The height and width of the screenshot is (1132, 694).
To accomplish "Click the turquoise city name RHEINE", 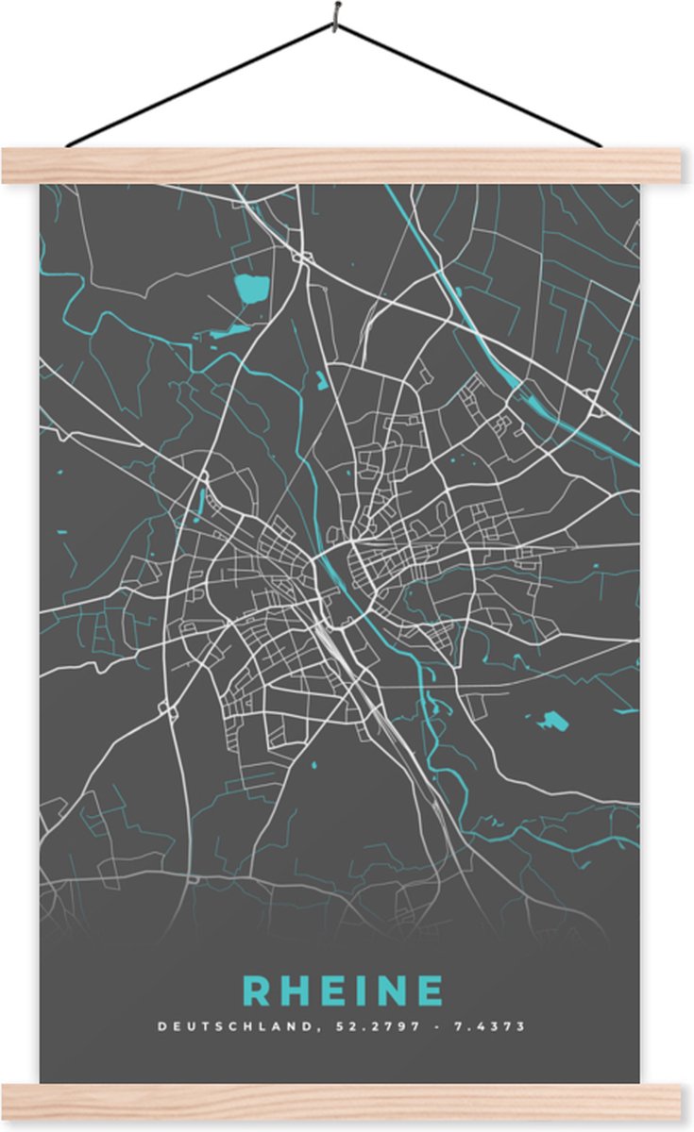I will [344, 990].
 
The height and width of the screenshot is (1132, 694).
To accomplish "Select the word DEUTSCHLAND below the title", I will [225, 1026].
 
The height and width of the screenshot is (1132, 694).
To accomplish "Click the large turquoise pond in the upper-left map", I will [252, 289].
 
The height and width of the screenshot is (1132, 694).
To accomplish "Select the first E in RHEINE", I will [334, 990].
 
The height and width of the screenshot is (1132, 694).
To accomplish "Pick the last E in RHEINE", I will [430, 990].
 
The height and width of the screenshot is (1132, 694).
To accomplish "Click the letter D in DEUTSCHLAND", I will [162, 1026].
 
